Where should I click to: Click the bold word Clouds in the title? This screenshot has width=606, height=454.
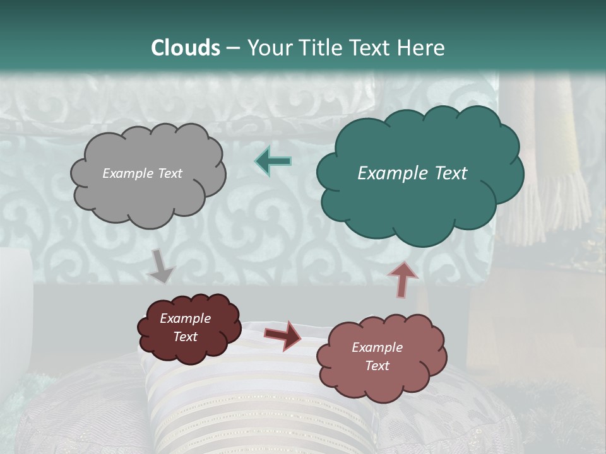186,48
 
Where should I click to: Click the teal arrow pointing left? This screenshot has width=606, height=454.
273,161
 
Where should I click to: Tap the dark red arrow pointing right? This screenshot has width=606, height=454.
283,335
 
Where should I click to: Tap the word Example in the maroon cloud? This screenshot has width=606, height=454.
186,318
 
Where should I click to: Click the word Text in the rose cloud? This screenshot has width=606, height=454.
377,366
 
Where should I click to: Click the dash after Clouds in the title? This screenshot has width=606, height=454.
232,48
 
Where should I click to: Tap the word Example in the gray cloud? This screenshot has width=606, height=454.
128,173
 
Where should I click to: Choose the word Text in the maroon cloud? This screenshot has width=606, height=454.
186,337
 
